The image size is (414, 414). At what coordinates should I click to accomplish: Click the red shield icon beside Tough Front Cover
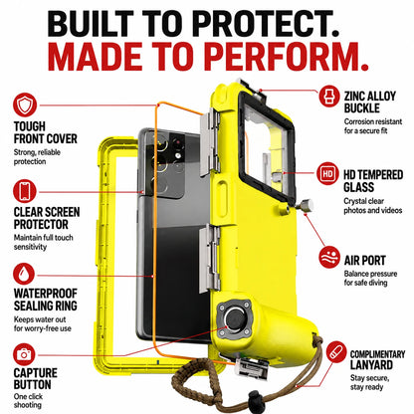[x=25, y=105]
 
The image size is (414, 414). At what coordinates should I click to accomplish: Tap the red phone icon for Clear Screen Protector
[x=25, y=191]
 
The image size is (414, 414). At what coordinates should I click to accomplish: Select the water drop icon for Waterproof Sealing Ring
[x=24, y=274]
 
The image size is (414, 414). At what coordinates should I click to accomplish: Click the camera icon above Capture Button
[x=24, y=354]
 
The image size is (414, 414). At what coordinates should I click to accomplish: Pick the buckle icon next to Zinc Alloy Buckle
[x=329, y=96]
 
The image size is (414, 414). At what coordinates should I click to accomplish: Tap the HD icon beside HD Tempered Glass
[x=327, y=173]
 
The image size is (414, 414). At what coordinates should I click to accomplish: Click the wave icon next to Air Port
[x=329, y=257]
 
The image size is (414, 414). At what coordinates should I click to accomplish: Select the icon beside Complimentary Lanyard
[x=336, y=352]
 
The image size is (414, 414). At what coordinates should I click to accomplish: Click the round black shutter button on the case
[x=235, y=319]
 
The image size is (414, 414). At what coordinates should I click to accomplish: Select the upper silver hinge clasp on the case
[x=210, y=142]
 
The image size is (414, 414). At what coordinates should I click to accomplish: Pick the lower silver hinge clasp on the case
[x=210, y=258]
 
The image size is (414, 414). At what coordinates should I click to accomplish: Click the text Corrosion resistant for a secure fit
[x=373, y=126]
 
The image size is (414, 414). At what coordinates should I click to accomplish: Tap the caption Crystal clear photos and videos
[x=373, y=206]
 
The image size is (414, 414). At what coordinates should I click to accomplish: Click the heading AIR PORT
[x=364, y=261]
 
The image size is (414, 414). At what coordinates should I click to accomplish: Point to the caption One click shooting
[x=28, y=400]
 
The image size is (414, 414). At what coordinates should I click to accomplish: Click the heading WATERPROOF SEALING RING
[x=46, y=300]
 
